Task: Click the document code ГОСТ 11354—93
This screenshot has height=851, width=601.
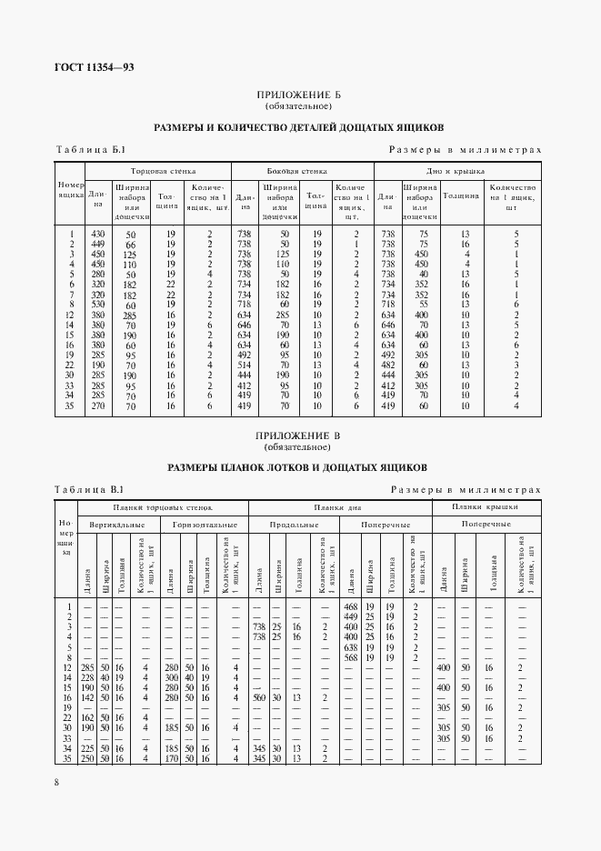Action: tap(82, 66)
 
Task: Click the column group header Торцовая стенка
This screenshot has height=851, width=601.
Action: tap(164, 170)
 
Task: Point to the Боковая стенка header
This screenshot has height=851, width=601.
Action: tap(303, 170)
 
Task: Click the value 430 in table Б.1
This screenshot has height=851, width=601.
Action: tap(98, 234)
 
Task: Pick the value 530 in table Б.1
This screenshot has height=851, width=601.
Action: tap(98, 305)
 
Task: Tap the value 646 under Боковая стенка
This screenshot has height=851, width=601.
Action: tap(245, 325)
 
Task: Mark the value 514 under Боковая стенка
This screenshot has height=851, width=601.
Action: tap(245, 365)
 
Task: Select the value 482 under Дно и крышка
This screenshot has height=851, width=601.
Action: tap(387, 365)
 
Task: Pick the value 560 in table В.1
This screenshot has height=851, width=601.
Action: tap(258, 696)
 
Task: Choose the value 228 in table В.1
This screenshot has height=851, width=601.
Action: tap(88, 676)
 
